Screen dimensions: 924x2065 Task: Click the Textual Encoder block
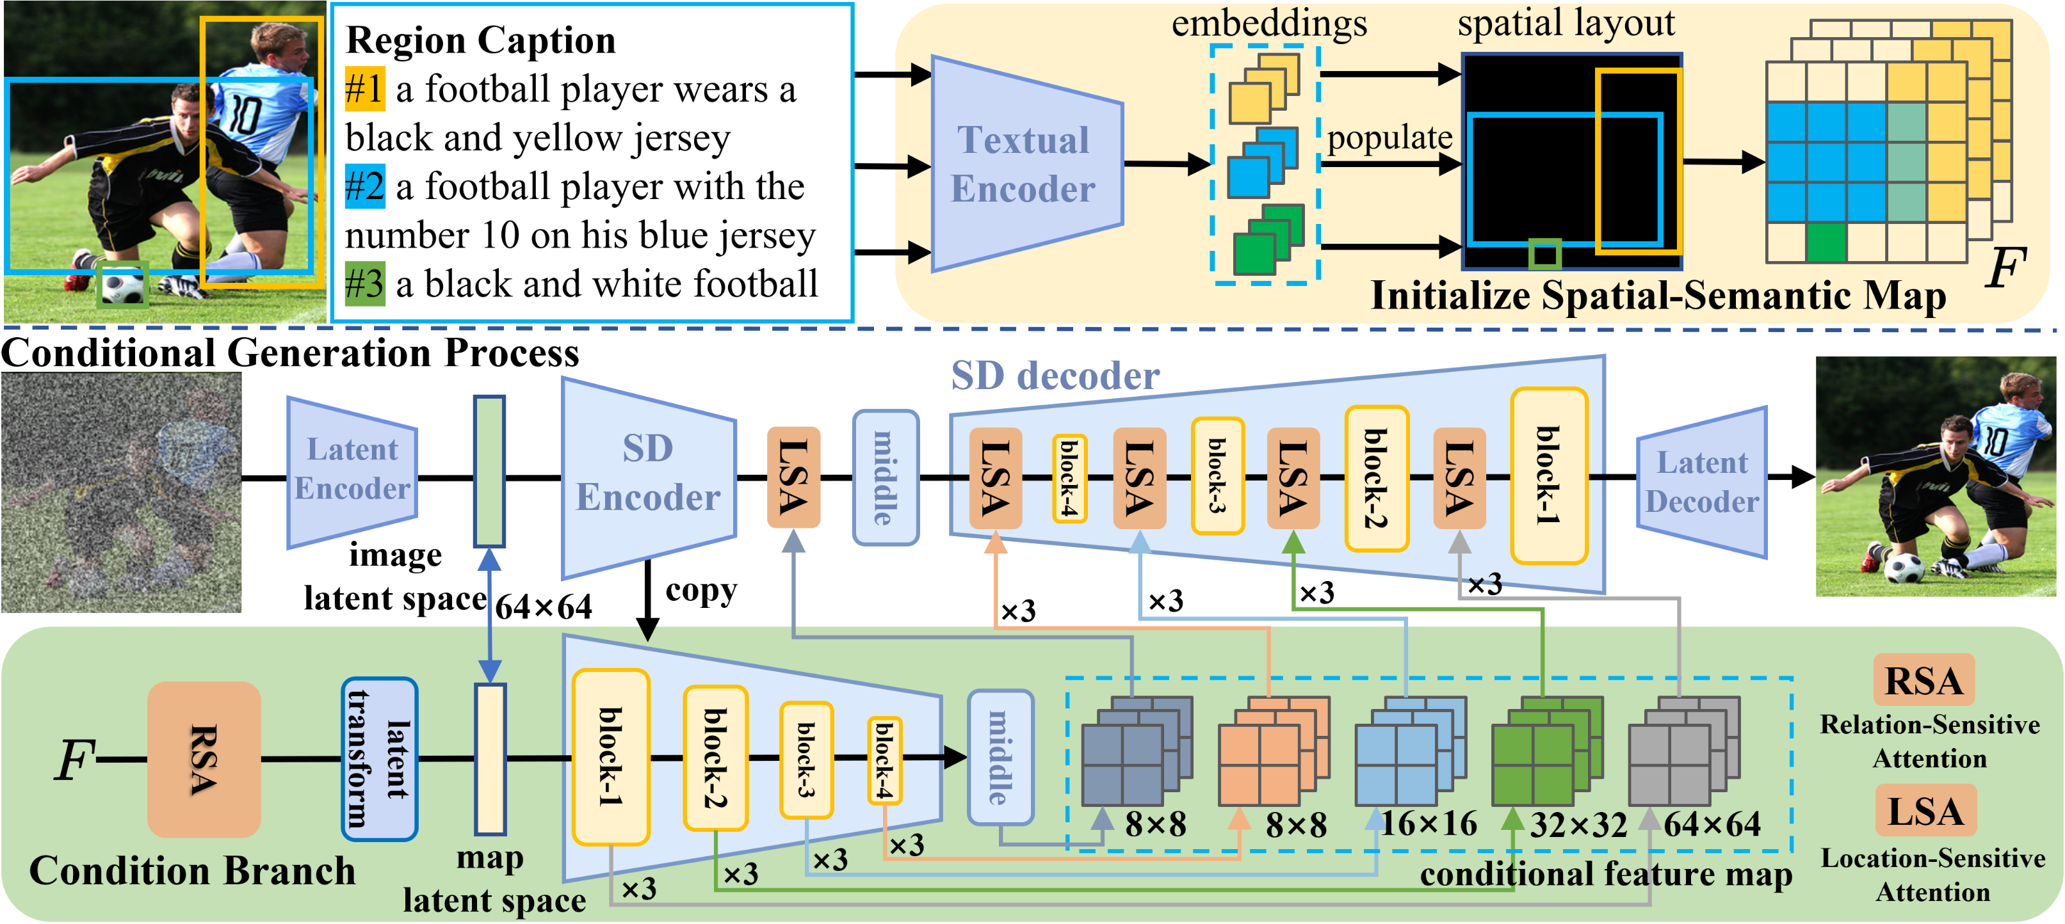tap(1024, 164)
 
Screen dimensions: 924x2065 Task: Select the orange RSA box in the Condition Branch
tap(204, 759)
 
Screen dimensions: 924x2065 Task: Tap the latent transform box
tap(379, 758)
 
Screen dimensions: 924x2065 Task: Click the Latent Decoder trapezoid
tap(1702, 482)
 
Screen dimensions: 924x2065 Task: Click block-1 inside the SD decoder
tap(1549, 476)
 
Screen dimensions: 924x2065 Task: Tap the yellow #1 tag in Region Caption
tap(364, 89)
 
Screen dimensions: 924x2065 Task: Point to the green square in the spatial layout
tap(1544, 255)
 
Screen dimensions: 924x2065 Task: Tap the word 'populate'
tap(1389, 138)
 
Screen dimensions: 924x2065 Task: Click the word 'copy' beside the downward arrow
tap(700, 591)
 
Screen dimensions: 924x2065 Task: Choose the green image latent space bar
tap(489, 471)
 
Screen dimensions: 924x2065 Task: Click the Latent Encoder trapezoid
tap(351, 470)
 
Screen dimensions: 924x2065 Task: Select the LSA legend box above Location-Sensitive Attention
tap(1925, 811)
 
